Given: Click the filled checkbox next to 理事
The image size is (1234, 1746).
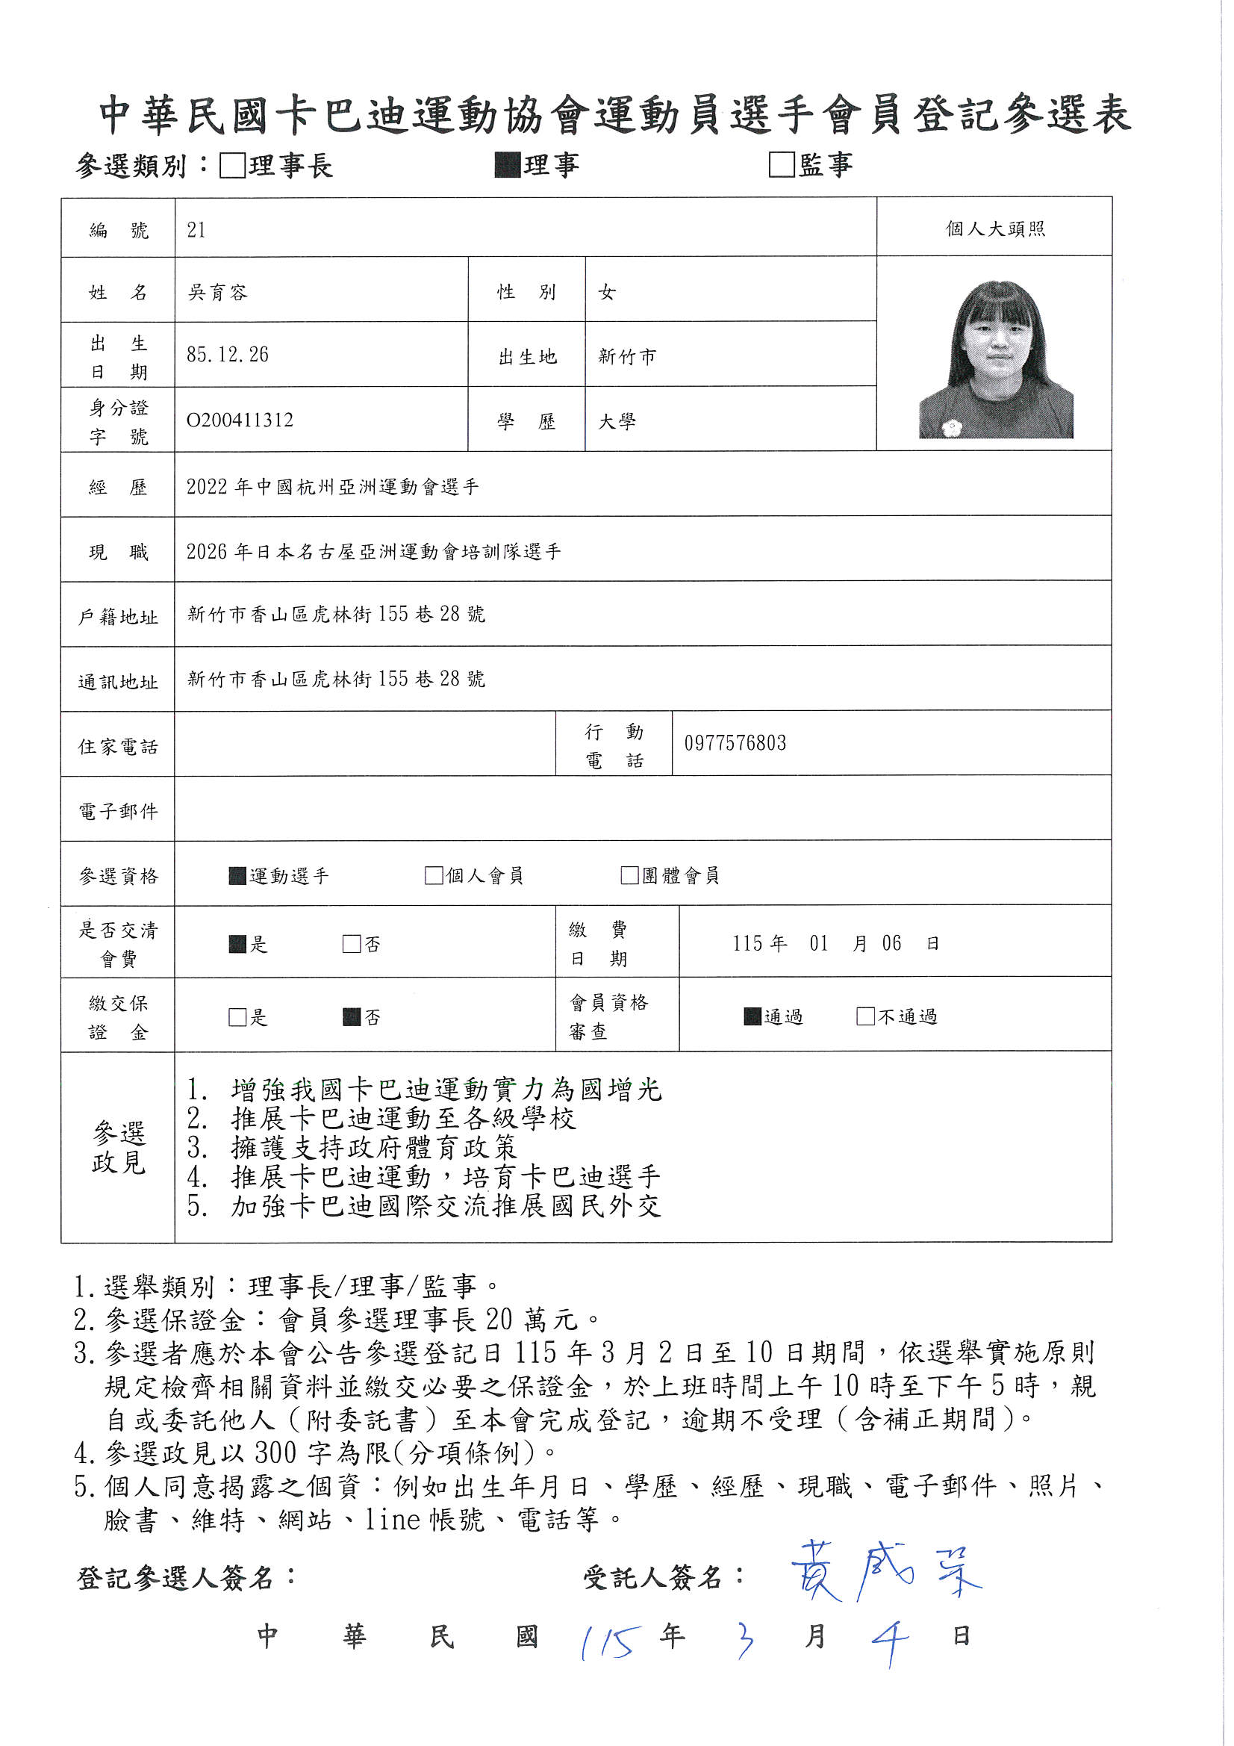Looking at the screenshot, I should [x=507, y=165].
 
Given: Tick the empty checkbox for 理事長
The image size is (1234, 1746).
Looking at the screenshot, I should [x=232, y=166].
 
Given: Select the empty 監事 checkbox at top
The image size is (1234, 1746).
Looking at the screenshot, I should [x=781, y=165].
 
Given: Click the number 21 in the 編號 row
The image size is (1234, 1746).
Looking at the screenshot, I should [x=196, y=230].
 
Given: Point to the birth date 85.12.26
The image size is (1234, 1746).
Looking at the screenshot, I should [x=228, y=355].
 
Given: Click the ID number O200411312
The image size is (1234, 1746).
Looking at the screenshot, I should [x=240, y=420].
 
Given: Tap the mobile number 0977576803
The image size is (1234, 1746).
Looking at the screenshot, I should [x=735, y=743].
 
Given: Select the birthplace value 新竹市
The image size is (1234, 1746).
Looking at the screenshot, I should [x=626, y=356].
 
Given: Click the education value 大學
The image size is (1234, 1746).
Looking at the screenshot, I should [x=617, y=421].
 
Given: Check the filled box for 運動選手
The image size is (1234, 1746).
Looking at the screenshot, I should [x=237, y=876].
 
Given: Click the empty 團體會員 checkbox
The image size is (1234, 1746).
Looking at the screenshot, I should [x=629, y=875].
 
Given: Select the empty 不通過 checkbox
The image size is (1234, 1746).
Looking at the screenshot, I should [x=865, y=1016].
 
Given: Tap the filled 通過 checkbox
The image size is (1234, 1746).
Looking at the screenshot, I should [x=752, y=1016].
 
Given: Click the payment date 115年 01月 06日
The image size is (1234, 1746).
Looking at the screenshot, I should [x=835, y=944].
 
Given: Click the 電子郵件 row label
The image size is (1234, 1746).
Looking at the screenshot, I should [x=118, y=812].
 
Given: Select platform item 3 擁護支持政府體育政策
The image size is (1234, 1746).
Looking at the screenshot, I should [x=352, y=1148].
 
